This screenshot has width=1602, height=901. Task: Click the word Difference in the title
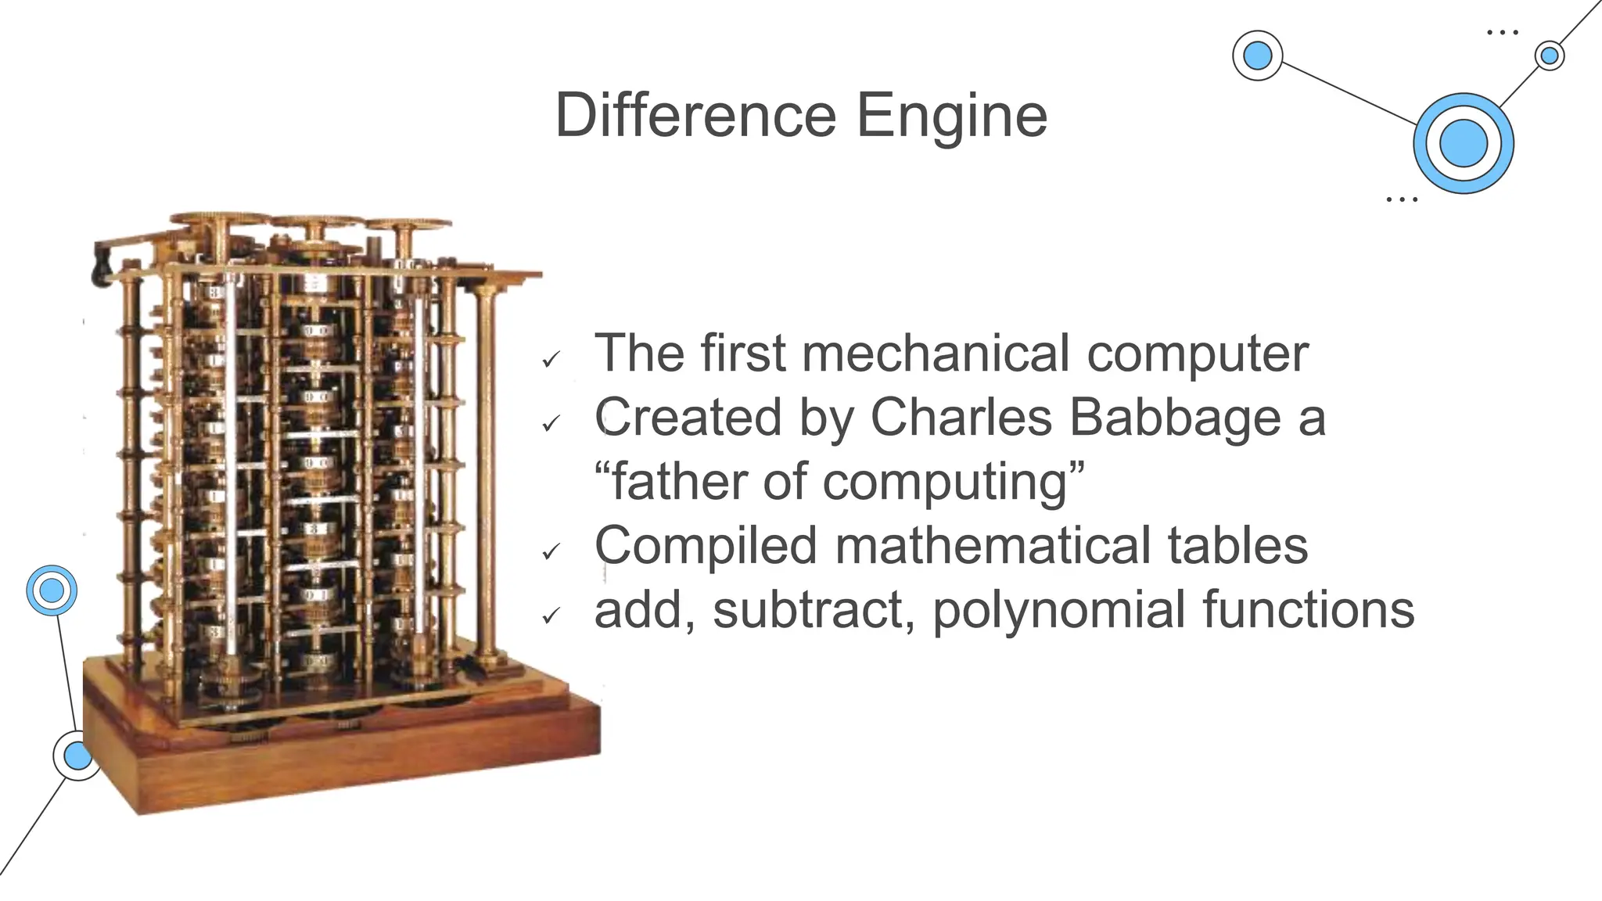[695, 116]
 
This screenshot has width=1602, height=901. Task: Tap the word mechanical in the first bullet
[936, 354]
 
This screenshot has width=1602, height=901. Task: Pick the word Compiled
[706, 546]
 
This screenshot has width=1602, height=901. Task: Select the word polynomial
[1059, 611]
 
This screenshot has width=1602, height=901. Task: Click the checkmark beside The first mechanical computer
[551, 360]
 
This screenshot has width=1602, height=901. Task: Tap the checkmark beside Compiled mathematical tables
[551, 552]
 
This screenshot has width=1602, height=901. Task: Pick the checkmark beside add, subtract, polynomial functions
[551, 616]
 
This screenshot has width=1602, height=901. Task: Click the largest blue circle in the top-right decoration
[1463, 144]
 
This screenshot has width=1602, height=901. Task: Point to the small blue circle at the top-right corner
[1549, 56]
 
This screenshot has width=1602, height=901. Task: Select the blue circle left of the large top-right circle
[1257, 56]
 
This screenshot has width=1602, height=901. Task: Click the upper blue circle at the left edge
[52, 590]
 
